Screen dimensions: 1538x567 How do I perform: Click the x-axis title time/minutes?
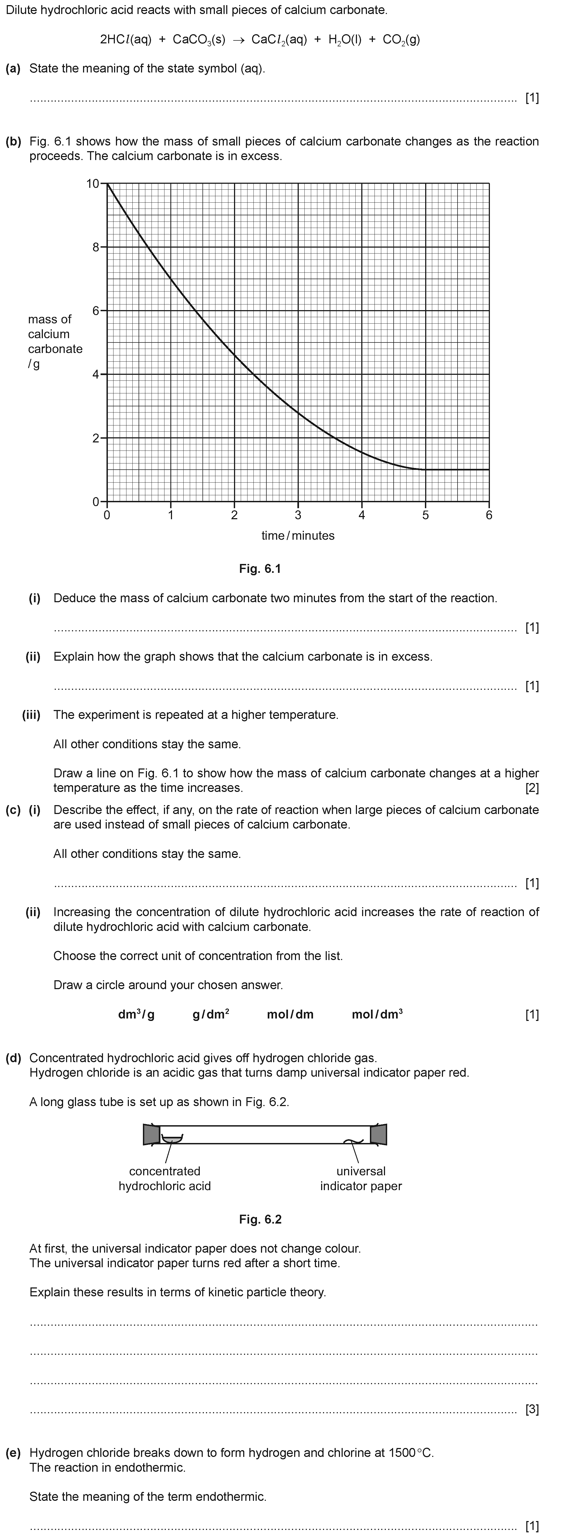coord(298,536)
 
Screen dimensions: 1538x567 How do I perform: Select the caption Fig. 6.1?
coord(260,568)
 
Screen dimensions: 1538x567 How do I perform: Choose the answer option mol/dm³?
coord(377,1014)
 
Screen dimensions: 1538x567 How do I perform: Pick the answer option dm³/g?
coord(136,1014)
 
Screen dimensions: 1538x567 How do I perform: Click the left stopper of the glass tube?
coord(151,1134)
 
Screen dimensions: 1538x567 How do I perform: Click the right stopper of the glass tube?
coord(378,1134)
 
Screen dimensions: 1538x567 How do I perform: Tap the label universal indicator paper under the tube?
coord(361,1179)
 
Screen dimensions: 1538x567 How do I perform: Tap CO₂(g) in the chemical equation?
coord(401,40)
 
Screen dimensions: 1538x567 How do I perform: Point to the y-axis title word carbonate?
coord(55,349)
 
